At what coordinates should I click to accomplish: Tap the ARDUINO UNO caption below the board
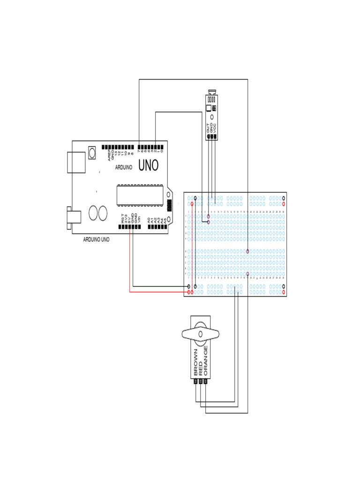coord(96,239)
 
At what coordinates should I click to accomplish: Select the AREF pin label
coord(109,155)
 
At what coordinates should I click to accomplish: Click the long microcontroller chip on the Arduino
coord(140,195)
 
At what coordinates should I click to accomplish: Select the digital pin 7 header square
coord(139,146)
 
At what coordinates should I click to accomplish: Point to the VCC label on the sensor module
coord(216,127)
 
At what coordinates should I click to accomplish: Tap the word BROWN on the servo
coord(195,363)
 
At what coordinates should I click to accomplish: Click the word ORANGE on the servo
coord(206,361)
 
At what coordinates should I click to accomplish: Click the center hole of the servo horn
coord(200,334)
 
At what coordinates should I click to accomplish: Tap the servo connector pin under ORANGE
coord(206,382)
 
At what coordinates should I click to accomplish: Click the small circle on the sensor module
coord(212,117)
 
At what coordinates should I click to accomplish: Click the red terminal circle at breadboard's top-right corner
coord(284,204)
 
